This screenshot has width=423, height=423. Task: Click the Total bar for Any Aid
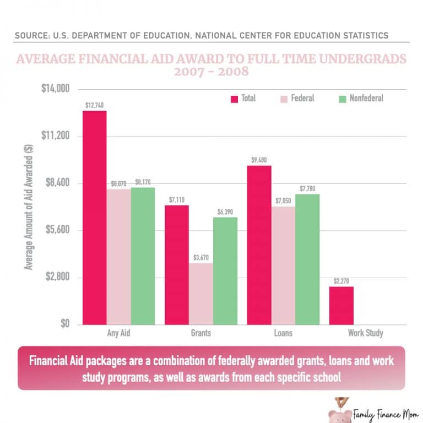[x=94, y=218]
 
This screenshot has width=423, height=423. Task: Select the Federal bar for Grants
[x=200, y=294]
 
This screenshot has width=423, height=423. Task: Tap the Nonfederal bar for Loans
[x=307, y=259]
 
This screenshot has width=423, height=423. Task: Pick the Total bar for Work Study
[x=341, y=305]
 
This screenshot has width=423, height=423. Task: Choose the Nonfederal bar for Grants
[x=225, y=270]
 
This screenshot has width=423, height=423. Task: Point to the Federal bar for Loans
[x=283, y=265]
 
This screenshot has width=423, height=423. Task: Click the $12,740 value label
[x=95, y=105]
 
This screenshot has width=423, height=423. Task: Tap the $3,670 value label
[x=200, y=257]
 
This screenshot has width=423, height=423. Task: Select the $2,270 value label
[x=341, y=281]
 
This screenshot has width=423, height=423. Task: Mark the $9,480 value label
[x=259, y=160]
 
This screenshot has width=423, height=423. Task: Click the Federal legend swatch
[x=284, y=99]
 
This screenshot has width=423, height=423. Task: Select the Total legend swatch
[x=234, y=99]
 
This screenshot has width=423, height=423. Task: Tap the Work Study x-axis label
[x=365, y=333]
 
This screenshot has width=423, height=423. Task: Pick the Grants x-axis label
[x=200, y=333]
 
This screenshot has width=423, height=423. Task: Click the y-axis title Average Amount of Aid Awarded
[x=29, y=207]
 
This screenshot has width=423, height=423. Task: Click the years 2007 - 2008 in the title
[x=211, y=72]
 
